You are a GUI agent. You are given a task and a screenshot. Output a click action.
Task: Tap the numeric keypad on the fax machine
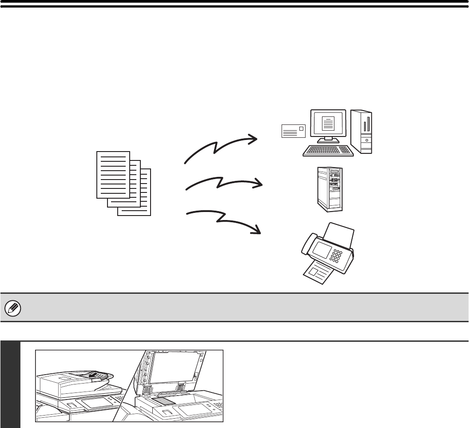click(x=336, y=256)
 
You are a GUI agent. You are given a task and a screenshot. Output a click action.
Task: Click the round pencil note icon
click(x=10, y=307)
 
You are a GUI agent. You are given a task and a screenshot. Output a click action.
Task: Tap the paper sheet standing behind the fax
click(x=340, y=236)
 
